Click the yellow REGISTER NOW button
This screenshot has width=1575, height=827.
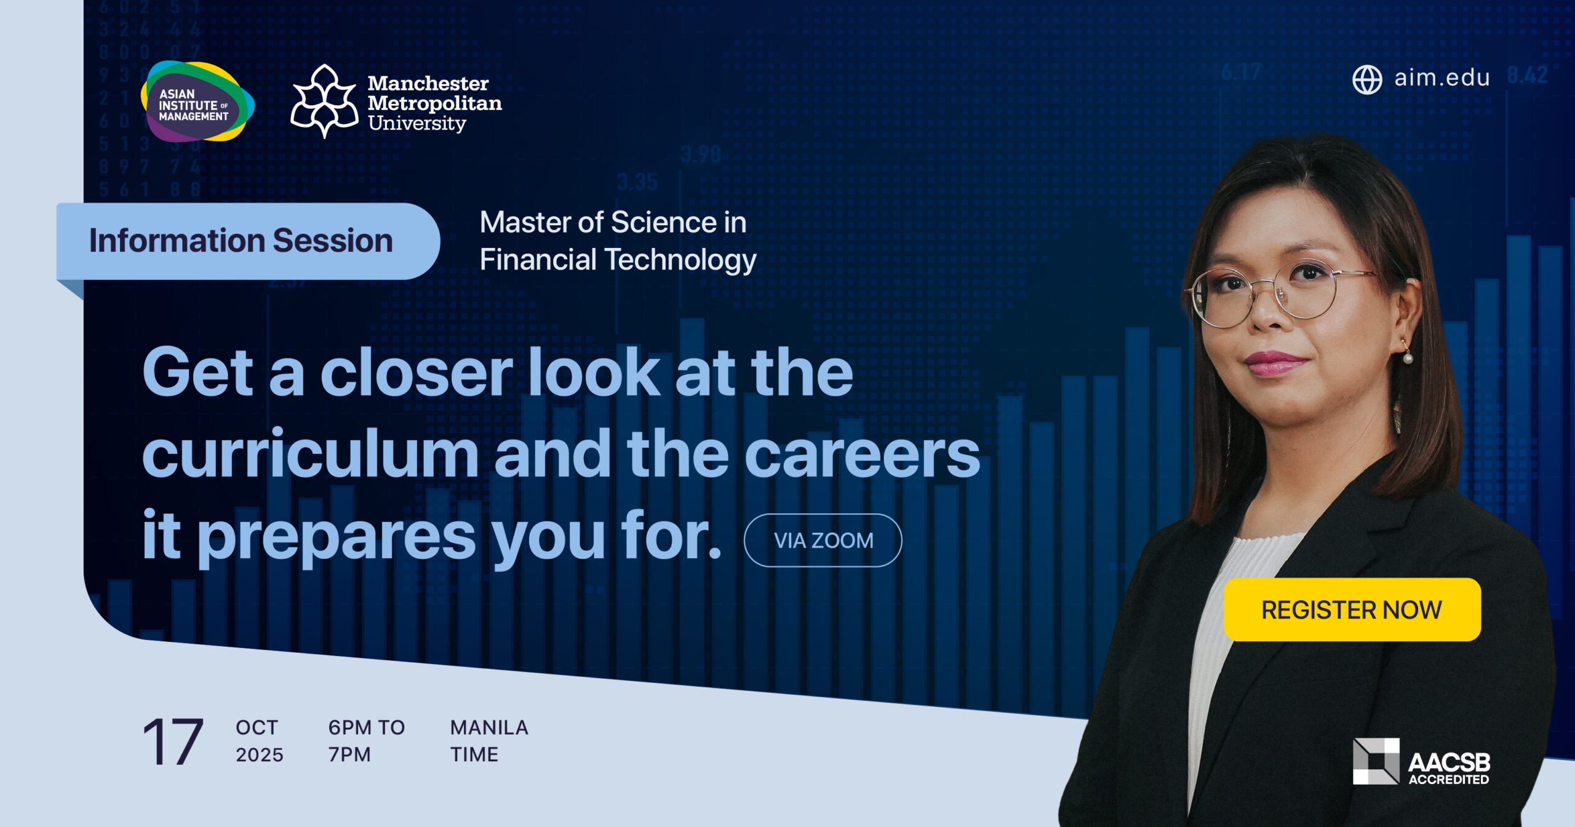click(x=1352, y=609)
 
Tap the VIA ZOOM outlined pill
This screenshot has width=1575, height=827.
click(x=823, y=540)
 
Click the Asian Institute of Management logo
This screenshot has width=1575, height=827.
click(x=197, y=102)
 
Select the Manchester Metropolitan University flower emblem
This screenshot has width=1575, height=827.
click(x=324, y=101)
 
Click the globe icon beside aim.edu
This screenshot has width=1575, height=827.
click(x=1367, y=79)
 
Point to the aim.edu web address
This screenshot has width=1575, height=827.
click(x=1441, y=78)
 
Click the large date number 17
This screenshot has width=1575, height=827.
click(x=173, y=741)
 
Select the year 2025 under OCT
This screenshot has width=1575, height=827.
click(x=260, y=754)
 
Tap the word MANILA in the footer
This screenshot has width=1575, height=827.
click(x=489, y=727)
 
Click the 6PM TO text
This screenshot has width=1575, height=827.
click(x=367, y=727)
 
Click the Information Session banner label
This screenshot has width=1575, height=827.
click(x=241, y=241)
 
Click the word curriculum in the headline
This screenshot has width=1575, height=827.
click(x=311, y=454)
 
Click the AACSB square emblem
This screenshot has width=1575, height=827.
click(x=1376, y=761)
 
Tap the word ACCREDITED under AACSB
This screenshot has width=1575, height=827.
click(x=1449, y=779)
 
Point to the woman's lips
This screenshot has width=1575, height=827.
click(x=1278, y=363)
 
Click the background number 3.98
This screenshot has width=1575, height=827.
click(x=701, y=154)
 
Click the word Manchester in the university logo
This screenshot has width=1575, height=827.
click(x=428, y=83)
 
